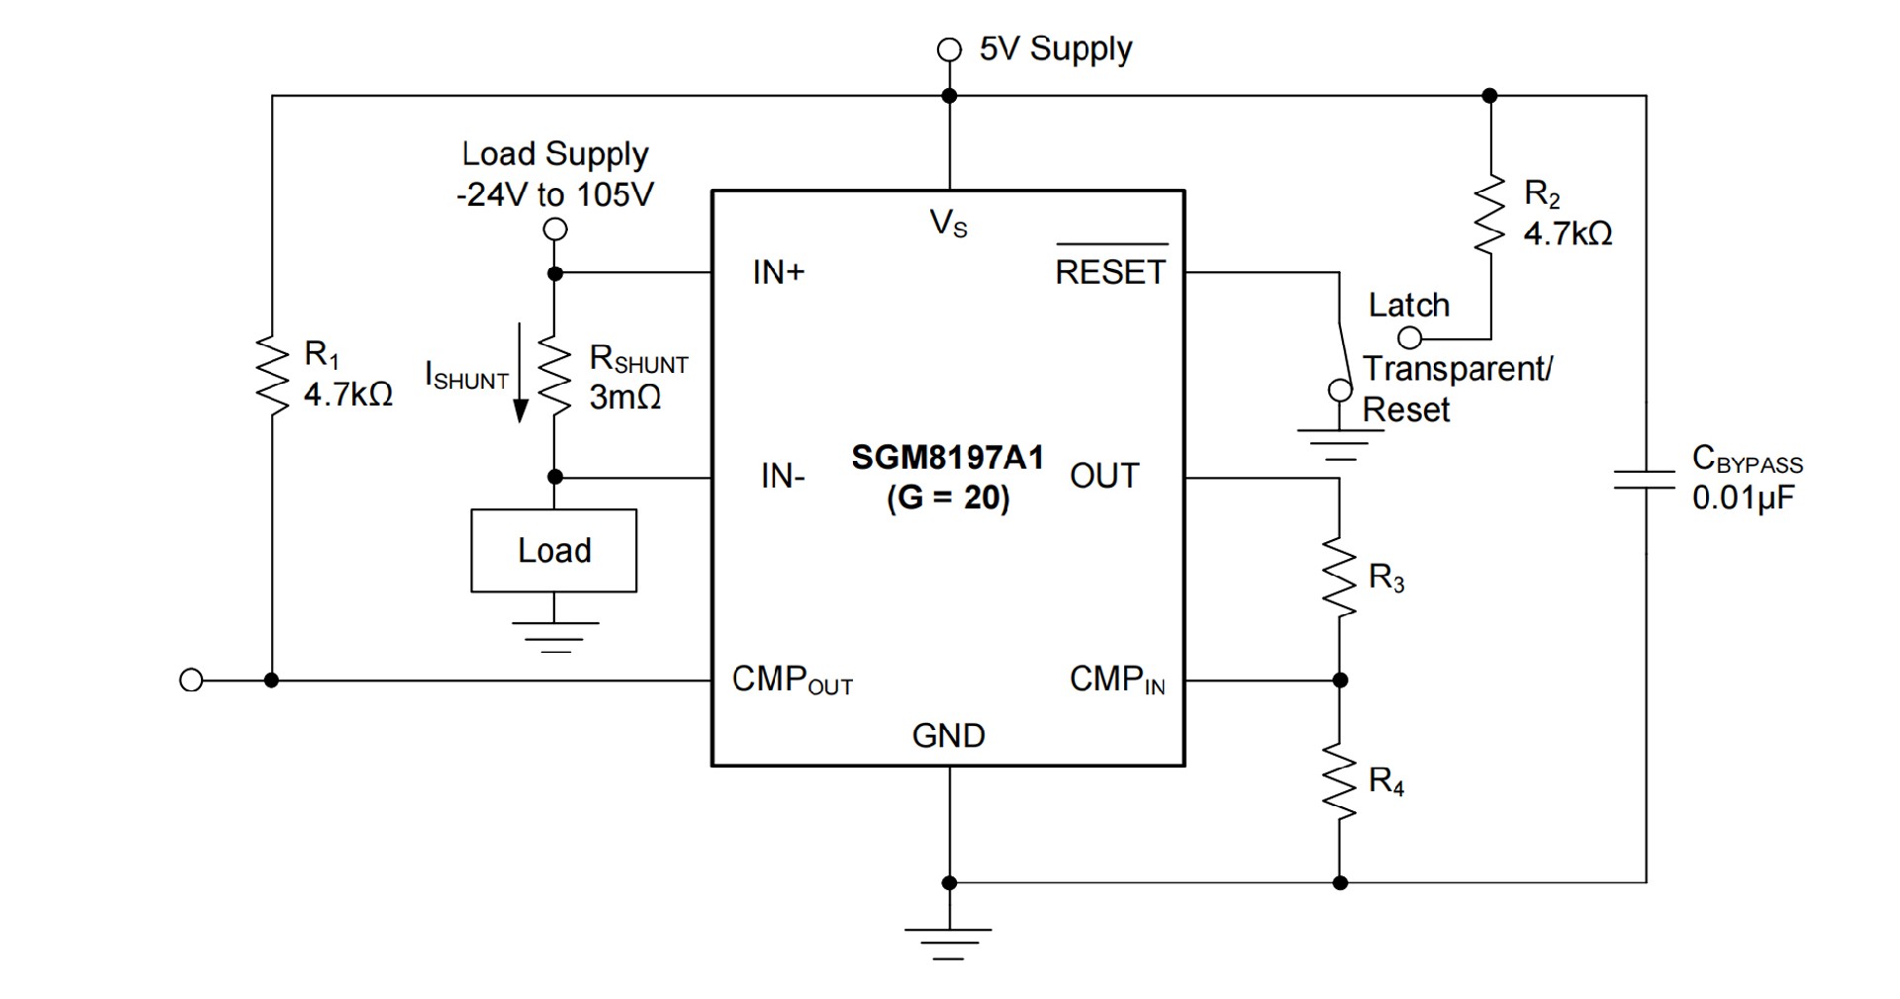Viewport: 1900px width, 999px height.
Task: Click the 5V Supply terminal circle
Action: [949, 49]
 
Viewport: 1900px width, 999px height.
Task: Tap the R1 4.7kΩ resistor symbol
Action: [271, 374]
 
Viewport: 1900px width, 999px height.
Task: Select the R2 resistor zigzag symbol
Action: [1489, 215]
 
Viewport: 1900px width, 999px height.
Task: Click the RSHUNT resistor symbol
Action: [555, 378]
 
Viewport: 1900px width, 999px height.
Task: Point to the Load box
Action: [553, 551]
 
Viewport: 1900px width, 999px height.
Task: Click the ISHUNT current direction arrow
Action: [521, 372]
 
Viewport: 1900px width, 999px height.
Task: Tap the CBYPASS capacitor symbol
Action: [1646, 480]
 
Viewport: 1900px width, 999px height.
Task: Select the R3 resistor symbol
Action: [1339, 579]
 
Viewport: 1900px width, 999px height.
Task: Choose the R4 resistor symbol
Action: [1339, 782]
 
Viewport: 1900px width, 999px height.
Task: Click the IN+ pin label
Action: [779, 272]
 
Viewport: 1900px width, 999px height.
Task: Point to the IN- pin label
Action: [783, 477]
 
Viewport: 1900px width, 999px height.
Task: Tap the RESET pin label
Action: [1110, 272]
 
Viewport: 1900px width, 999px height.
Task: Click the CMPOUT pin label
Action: [792, 681]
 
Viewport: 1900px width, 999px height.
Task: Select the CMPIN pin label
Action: [1117, 681]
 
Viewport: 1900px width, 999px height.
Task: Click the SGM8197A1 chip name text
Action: [947, 458]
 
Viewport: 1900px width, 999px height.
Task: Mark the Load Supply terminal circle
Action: [556, 229]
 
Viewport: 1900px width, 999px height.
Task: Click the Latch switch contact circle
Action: [1408, 338]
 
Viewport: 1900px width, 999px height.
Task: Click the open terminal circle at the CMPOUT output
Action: [191, 681]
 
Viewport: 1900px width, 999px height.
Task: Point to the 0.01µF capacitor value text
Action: [1743, 498]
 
